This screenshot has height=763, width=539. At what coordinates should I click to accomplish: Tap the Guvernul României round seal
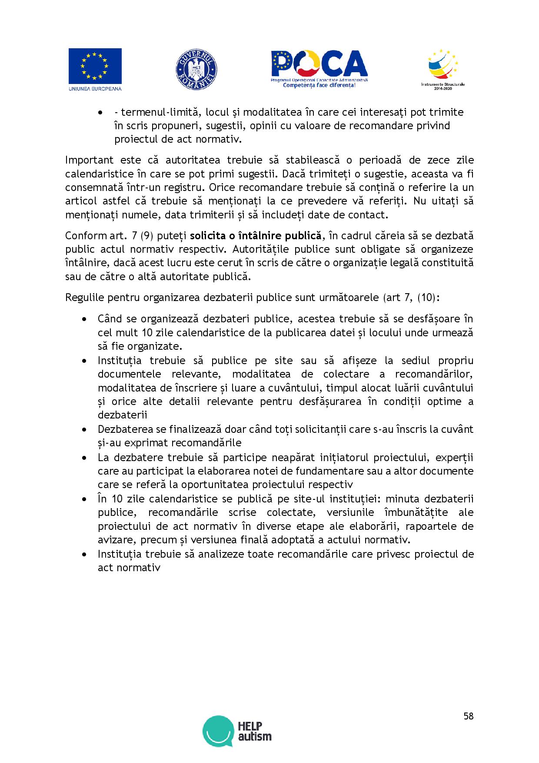pyautogui.click(x=196, y=70)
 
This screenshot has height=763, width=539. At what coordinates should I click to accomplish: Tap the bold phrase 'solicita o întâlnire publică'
pyautogui.click(x=256, y=236)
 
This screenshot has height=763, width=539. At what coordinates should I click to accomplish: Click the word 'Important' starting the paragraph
pyautogui.click(x=89, y=160)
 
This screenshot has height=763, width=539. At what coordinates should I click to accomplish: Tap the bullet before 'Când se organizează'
pyautogui.click(x=84, y=319)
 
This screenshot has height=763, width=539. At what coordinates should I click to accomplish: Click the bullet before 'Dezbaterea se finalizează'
pyautogui.click(x=84, y=430)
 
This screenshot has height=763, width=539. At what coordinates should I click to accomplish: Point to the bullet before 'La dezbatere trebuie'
pyautogui.click(x=84, y=458)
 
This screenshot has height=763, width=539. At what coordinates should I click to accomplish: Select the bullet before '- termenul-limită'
pyautogui.click(x=101, y=113)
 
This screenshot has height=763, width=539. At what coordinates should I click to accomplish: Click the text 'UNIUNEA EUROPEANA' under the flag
pyautogui.click(x=95, y=89)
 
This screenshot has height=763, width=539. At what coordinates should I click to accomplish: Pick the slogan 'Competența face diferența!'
pyautogui.click(x=319, y=85)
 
